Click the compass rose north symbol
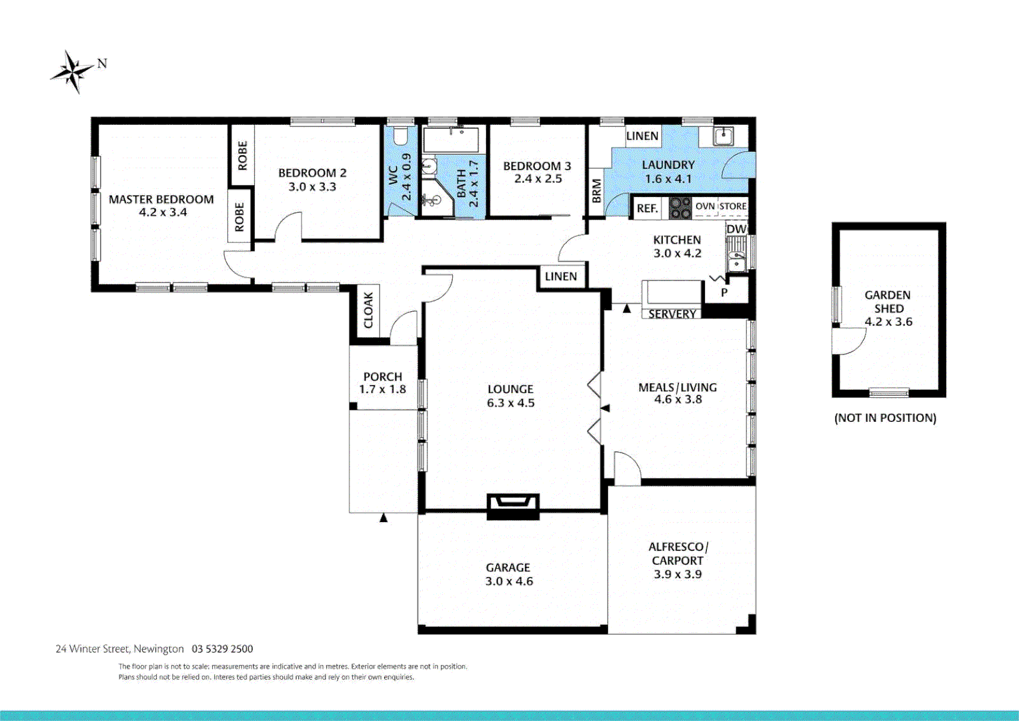73,71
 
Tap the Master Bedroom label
161,199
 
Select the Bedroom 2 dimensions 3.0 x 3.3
312,187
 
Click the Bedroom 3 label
537,166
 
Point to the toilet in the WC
400,136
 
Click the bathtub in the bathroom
451,140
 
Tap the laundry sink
723,136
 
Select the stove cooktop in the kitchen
680,208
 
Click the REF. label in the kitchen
647,208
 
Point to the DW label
736,229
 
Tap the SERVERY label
672,314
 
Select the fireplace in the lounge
513,506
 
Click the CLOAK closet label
369,310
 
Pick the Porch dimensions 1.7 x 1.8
382,389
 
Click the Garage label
508,567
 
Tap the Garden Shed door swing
848,340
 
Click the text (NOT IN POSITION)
885,418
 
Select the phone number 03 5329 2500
222,649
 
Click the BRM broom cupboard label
597,191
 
